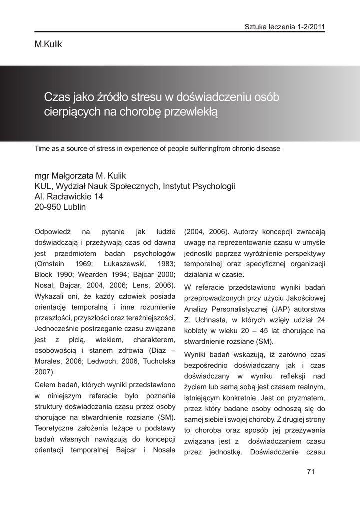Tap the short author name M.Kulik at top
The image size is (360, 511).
pos(48,45)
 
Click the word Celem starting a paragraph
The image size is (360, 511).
pos(46,385)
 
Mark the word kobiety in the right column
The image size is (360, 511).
pos(197,330)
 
